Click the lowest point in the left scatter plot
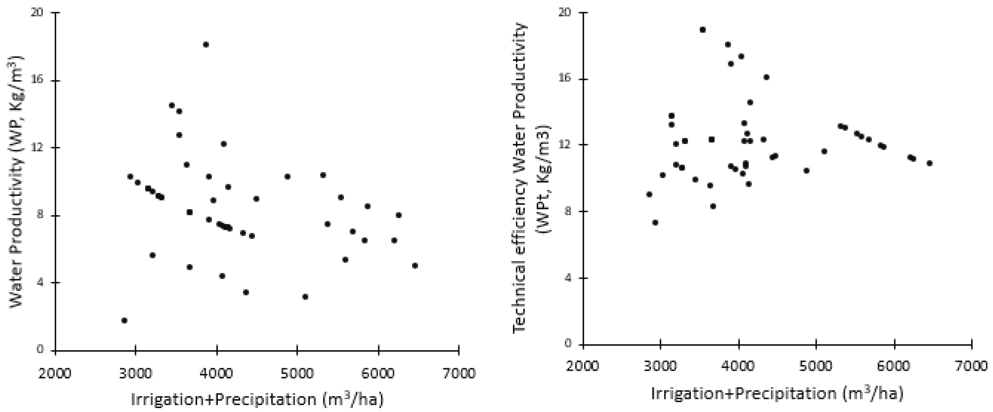pos(124,320)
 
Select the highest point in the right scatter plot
pos(703,30)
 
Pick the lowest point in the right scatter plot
pos(655,222)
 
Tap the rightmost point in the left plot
pos(415,266)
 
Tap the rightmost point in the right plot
pos(929,163)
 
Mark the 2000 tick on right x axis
pos(583,366)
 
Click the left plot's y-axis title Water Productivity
pos(16,180)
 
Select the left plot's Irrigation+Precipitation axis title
pos(257,399)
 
